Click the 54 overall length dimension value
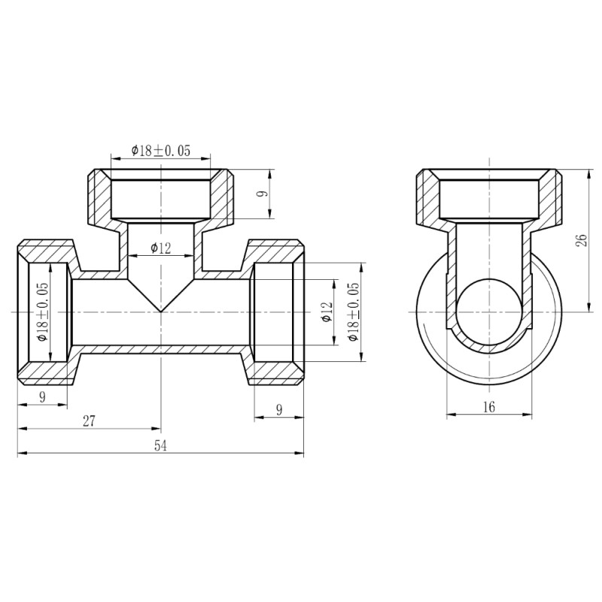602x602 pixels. coord(160,445)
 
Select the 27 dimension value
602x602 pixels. coord(89,421)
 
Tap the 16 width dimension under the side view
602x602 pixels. coord(488,406)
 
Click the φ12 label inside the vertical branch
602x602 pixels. coord(161,248)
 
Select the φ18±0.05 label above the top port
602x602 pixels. coord(160,150)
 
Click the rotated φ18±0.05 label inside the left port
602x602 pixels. coord(42,311)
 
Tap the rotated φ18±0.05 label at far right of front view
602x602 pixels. coord(354,311)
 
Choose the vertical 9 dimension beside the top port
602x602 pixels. coord(261,194)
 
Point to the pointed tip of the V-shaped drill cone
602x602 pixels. coord(160,311)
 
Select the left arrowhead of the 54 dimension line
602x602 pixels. coord(20,454)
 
